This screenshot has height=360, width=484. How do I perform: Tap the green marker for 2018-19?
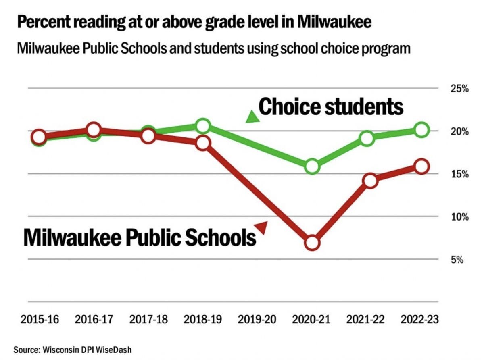pos(203,126)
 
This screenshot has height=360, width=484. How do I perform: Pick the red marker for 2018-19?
pos(203,143)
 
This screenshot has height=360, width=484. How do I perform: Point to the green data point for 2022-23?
pos(421,130)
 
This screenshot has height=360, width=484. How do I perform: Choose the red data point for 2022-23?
pos(421,166)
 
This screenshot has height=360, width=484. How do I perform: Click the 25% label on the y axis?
pos(459,89)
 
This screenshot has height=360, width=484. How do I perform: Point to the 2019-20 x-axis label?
pos(257,320)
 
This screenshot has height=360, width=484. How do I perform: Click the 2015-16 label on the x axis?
pos(39,320)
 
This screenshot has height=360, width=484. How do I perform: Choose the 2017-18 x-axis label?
pos(148,320)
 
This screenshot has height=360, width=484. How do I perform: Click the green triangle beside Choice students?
pos(252,117)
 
